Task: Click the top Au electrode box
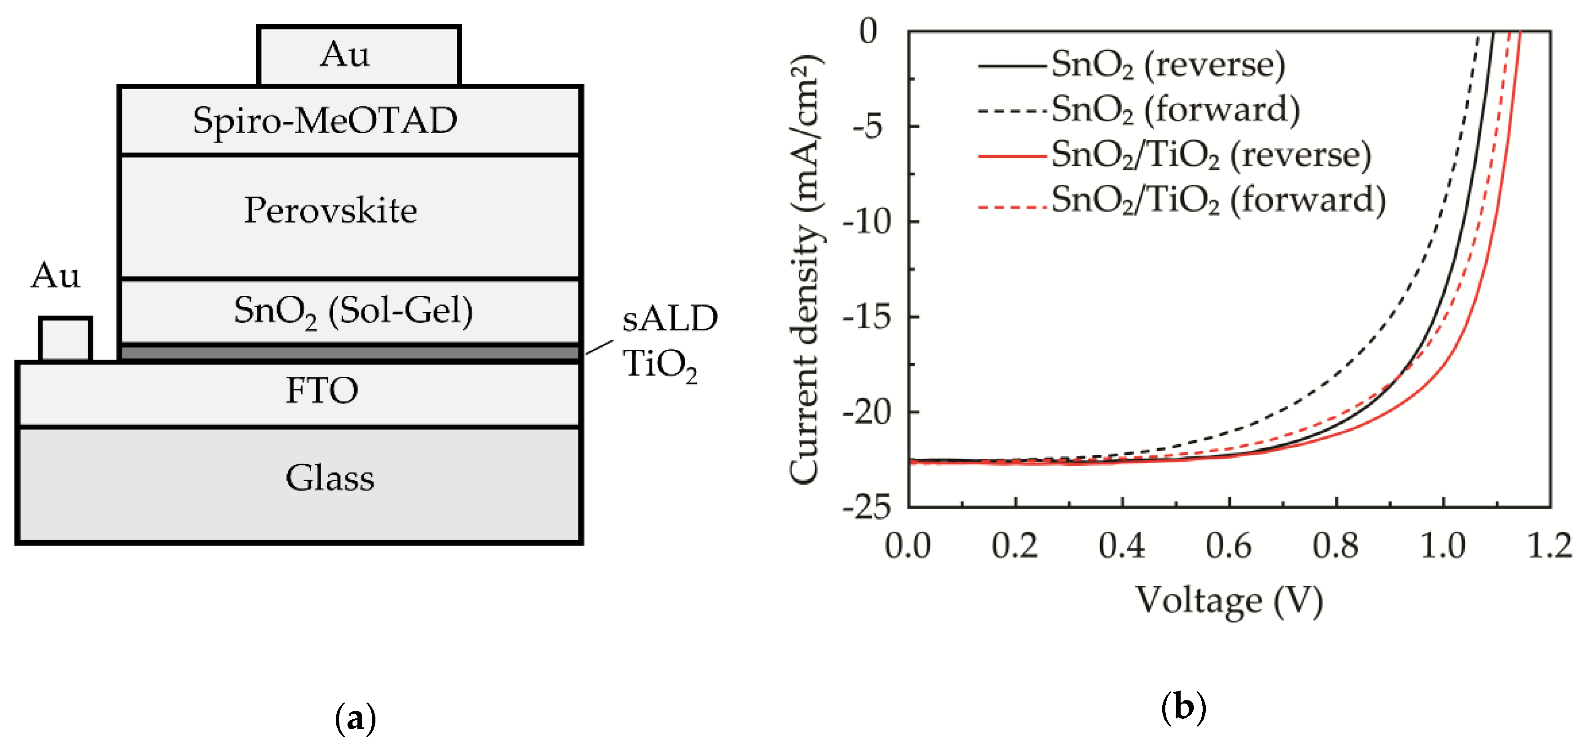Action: pos(358,55)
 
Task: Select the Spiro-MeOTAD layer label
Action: pos(325,120)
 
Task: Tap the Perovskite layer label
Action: pos(330,211)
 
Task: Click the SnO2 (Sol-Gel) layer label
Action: pos(353,311)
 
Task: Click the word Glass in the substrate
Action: pos(330,478)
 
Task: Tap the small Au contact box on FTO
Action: pos(65,339)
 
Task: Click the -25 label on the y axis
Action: pos(866,508)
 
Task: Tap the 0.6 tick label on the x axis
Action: pos(1228,546)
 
